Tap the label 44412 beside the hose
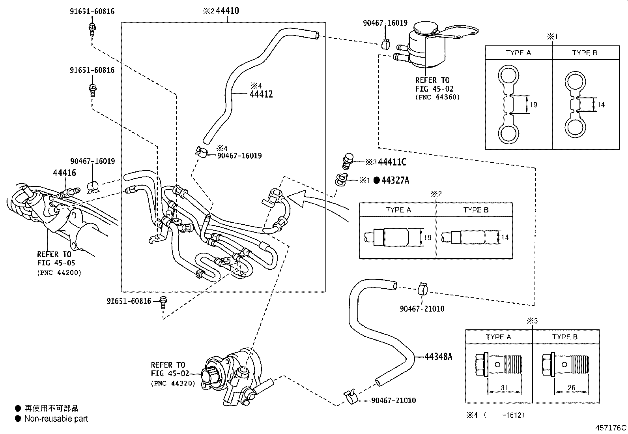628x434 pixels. click(261, 94)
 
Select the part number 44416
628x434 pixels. click(64, 173)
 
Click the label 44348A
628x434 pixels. click(438, 357)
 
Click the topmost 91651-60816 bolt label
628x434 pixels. click(92, 11)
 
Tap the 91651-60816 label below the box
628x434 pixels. click(129, 301)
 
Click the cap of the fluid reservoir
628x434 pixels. click(424, 29)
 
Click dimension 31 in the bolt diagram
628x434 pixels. click(504, 388)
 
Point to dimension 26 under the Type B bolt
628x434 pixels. click(571, 388)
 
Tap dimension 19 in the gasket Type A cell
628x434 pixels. click(533, 105)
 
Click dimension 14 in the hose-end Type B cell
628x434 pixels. click(505, 238)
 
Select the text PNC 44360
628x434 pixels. click(437, 97)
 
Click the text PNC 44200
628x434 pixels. click(59, 272)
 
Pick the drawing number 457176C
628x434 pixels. click(611, 427)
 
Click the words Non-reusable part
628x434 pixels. click(56, 419)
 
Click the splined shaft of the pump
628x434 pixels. click(207, 375)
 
